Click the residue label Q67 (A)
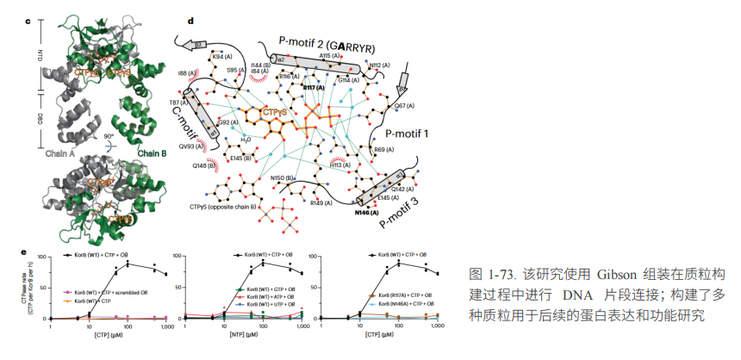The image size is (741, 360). (404, 106)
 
